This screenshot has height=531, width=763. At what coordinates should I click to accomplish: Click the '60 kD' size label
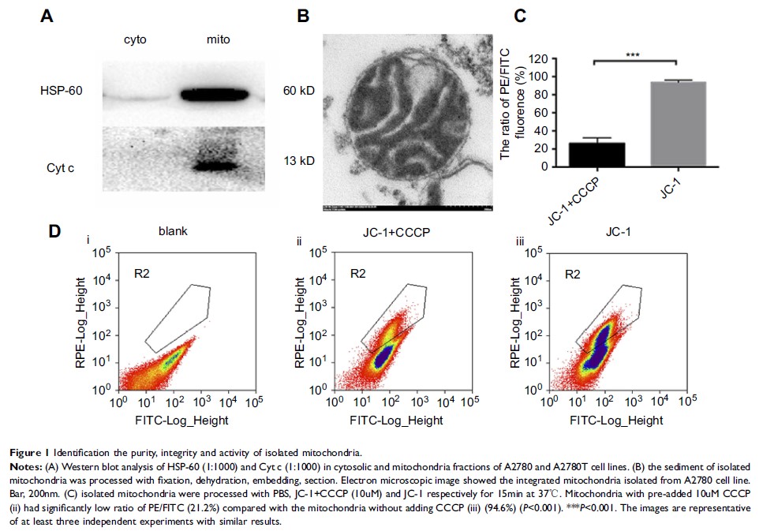pos(299,92)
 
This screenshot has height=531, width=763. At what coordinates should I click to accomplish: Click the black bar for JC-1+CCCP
pos(597,155)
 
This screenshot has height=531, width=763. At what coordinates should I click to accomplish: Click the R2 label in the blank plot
pos(140,273)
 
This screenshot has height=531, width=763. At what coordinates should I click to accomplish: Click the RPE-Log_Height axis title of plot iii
pos(514,320)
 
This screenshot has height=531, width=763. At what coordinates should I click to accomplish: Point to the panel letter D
pos(54,231)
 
